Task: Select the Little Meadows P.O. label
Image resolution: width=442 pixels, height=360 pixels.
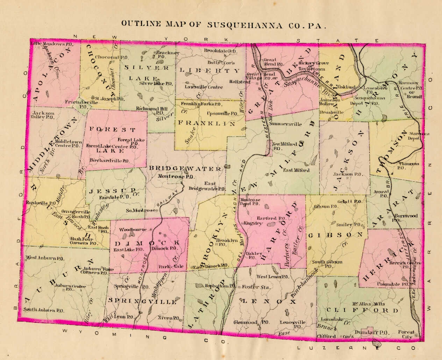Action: coord(48,44)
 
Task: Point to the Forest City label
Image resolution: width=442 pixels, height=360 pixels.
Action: coord(406,334)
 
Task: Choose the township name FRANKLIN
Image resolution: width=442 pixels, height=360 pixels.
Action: coord(206,123)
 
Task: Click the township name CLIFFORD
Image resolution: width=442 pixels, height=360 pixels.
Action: coord(362,310)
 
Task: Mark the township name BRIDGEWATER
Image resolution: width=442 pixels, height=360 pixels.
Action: coord(185,168)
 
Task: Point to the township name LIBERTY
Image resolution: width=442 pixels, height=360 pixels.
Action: coord(210,70)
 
